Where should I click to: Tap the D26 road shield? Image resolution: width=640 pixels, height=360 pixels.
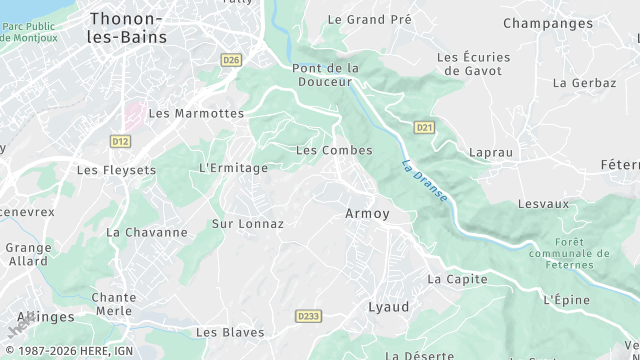(232, 60)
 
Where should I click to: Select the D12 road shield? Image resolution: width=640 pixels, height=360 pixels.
(121, 142)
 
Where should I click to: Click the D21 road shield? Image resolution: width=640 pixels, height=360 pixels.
(425, 127)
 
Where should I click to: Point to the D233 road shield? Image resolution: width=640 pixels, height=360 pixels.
(309, 316)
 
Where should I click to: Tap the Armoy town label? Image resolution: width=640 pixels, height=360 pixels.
(367, 214)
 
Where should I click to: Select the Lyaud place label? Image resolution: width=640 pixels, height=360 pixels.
(389, 307)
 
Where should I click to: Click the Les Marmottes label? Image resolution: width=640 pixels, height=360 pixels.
(196, 114)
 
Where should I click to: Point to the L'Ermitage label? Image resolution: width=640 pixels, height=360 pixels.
(234, 168)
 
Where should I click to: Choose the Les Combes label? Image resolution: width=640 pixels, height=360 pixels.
(334, 150)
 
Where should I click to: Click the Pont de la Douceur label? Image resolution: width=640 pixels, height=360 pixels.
(325, 75)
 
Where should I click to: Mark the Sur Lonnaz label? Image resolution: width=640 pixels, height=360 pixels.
(248, 224)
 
